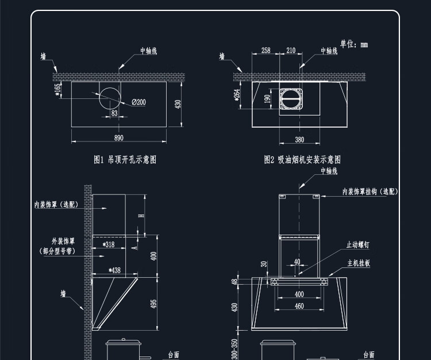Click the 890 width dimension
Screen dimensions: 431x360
pyautogui.click(x=119, y=138)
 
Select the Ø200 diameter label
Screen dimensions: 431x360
pyautogui.click(x=138, y=102)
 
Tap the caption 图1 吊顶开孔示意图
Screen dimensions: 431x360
pyautogui.click(x=125, y=160)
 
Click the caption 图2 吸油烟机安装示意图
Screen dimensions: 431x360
pyautogui.click(x=302, y=160)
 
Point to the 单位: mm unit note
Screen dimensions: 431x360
pyautogui.click(x=353, y=44)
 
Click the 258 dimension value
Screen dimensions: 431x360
pyautogui.click(x=265, y=51)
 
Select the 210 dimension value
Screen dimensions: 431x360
pyautogui.click(x=291, y=51)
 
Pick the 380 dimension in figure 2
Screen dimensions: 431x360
pyautogui.click(x=299, y=140)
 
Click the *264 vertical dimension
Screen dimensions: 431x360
pyautogui.click(x=237, y=95)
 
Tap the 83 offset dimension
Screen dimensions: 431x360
pyautogui.click(x=114, y=113)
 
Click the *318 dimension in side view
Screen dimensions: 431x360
pyautogui.click(x=108, y=245)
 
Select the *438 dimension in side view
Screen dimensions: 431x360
pyautogui.click(x=114, y=270)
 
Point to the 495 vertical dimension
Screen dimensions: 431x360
pyautogui.click(x=153, y=304)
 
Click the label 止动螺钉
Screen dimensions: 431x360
pyautogui.click(x=357, y=245)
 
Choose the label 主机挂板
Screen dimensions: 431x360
pyautogui.click(x=359, y=263)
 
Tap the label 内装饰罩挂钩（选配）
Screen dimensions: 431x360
pyautogui.click(x=370, y=192)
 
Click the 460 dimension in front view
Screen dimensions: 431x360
pyautogui.click(x=299, y=307)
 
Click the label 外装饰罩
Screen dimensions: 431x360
pyautogui.click(x=63, y=242)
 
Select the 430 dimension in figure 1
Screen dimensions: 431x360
pyautogui.click(x=178, y=104)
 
